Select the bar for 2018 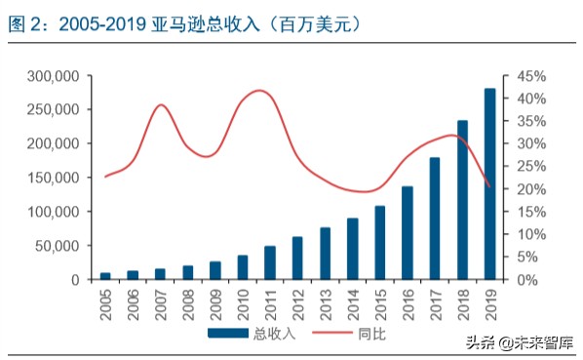click(x=462, y=200)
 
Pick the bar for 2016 click(x=408, y=232)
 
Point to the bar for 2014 click(x=352, y=249)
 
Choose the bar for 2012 click(x=297, y=258)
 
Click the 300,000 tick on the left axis click(x=58, y=76)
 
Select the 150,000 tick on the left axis click(x=58, y=178)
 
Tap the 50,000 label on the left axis click(x=61, y=246)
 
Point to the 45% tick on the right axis click(x=522, y=76)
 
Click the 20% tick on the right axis click(x=522, y=189)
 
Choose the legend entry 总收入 click(x=248, y=333)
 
